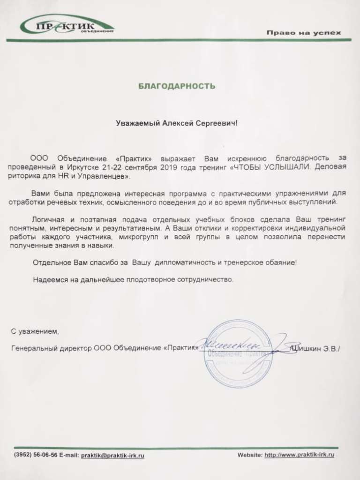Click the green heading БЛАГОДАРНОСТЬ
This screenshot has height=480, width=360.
(177, 86)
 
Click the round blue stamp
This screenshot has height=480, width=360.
(237, 351)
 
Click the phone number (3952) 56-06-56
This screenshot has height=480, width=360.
(36, 455)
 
